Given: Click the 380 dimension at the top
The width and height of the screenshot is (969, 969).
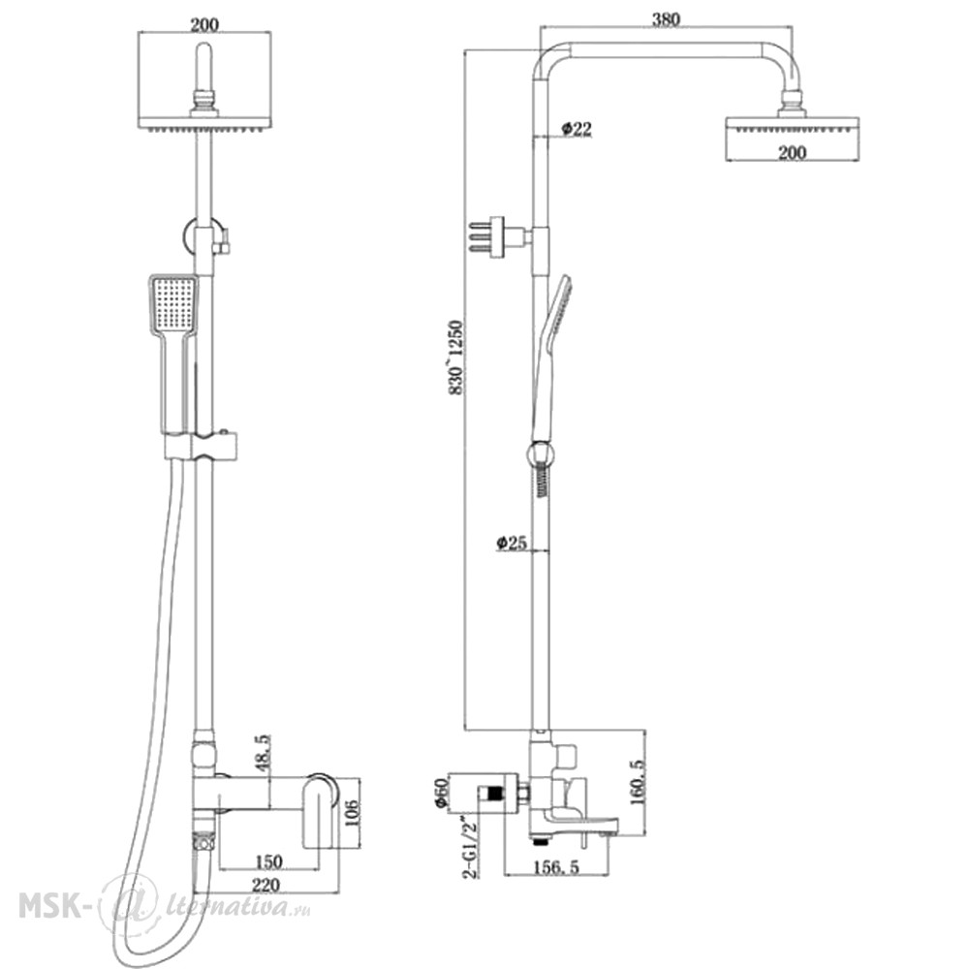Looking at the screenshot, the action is click(666, 19).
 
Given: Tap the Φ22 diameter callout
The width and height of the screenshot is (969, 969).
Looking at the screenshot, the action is click(576, 129).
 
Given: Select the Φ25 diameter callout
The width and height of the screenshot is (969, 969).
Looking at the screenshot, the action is click(511, 543).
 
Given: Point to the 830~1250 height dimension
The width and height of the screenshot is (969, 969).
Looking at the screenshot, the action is click(455, 358).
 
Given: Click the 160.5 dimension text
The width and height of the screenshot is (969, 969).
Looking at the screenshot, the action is click(638, 782).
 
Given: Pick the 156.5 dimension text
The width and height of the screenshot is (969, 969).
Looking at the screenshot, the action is click(556, 867).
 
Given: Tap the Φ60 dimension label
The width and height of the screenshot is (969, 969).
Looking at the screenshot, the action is click(441, 793).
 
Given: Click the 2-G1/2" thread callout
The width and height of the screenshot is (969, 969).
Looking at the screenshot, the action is click(471, 845).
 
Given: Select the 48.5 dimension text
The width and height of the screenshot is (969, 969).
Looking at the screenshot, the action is click(263, 752).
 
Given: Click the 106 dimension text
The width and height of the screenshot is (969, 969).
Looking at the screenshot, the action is click(351, 815).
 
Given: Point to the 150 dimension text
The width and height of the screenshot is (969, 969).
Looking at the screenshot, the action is click(267, 860).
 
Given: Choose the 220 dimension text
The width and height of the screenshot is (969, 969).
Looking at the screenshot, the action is click(266, 885).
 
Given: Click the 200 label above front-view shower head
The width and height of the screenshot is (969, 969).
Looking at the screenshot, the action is click(203, 25).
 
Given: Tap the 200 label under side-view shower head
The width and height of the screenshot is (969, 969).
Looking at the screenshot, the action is click(792, 152).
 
